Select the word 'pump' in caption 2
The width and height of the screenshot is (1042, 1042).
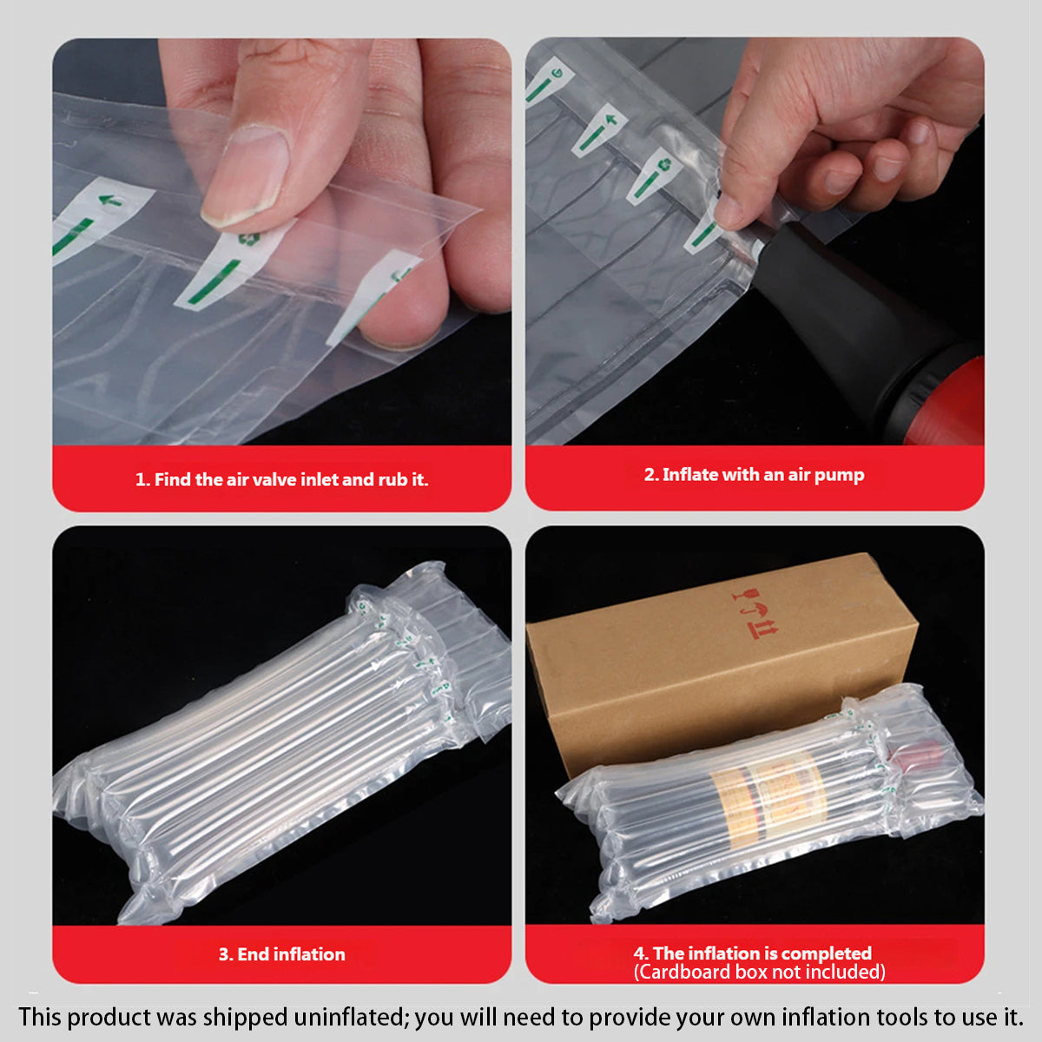(x=840, y=475)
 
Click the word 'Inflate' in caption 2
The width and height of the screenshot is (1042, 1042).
(x=691, y=475)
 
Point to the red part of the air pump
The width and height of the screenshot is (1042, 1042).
(x=946, y=399)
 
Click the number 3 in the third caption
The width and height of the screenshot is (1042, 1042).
(x=223, y=954)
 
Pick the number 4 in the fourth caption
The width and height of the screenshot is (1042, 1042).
(x=639, y=953)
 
